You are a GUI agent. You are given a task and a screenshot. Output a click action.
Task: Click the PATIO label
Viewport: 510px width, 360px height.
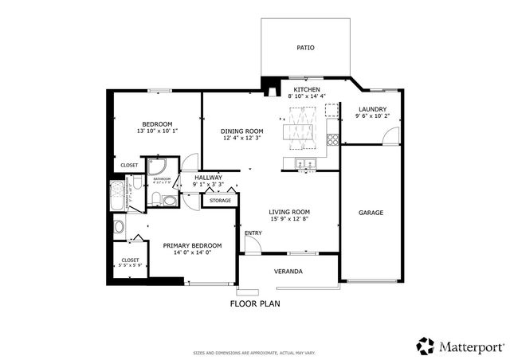(x=305, y=48)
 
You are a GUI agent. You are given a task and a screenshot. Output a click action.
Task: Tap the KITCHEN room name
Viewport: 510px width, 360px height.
(x=307, y=89)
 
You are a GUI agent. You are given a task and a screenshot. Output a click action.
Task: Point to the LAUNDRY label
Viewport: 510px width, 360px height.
(x=372, y=109)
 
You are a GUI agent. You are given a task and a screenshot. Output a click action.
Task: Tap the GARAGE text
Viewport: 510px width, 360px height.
(x=371, y=213)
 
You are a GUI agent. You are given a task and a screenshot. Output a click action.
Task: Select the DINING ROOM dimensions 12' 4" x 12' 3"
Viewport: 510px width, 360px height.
(x=241, y=140)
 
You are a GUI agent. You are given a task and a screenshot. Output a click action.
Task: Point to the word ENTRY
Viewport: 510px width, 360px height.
(x=253, y=233)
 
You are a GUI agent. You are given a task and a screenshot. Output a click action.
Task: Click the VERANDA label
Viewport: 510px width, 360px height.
(x=288, y=272)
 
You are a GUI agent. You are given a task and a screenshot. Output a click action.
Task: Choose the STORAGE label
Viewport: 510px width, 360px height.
(x=220, y=201)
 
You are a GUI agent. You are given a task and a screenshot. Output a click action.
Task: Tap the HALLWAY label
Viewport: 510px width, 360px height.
(x=208, y=178)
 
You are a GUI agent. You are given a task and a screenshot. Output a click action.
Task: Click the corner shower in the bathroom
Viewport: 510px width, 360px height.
(x=157, y=167)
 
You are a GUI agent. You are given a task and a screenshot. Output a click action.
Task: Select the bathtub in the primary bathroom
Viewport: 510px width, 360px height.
(x=116, y=196)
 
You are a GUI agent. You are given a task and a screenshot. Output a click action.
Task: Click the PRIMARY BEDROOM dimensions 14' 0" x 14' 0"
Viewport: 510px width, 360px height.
(x=192, y=252)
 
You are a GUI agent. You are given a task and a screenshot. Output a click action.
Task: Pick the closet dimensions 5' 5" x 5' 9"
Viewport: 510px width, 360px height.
(x=130, y=265)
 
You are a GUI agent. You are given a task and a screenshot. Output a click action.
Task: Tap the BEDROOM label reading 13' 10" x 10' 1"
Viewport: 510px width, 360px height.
(x=157, y=131)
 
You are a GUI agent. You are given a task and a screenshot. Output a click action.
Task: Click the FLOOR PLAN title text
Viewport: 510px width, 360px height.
(x=255, y=303)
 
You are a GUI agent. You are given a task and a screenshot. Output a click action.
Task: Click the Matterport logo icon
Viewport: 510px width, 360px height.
(x=426, y=346)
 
